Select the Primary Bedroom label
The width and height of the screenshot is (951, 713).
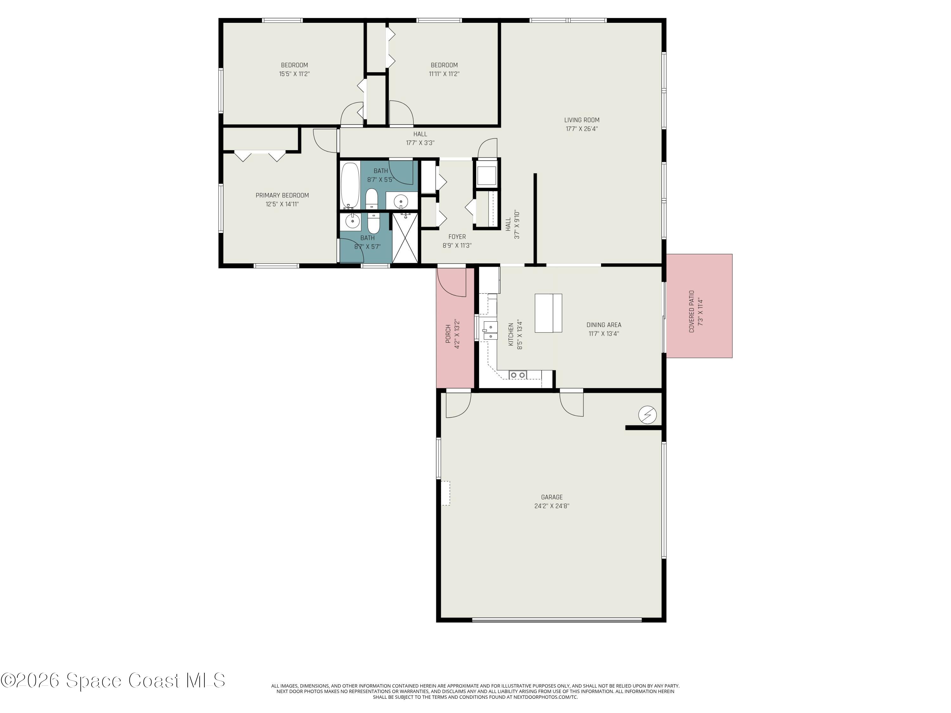(x=282, y=196)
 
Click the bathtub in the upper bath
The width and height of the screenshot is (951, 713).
(x=350, y=185)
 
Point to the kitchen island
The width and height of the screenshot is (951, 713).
(x=548, y=313)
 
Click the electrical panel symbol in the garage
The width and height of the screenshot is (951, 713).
(x=647, y=415)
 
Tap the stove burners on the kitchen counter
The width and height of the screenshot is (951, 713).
(x=518, y=375)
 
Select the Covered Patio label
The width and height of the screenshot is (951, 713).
(x=691, y=305)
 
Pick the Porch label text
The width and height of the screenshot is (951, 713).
(x=448, y=333)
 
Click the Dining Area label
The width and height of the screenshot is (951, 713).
(x=604, y=325)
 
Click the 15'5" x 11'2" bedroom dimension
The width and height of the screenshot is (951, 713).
(x=294, y=74)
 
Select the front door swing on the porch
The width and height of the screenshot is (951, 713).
(x=451, y=282)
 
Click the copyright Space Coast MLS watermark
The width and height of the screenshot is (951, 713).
(x=113, y=680)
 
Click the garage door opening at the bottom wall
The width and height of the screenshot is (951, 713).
(x=557, y=620)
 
